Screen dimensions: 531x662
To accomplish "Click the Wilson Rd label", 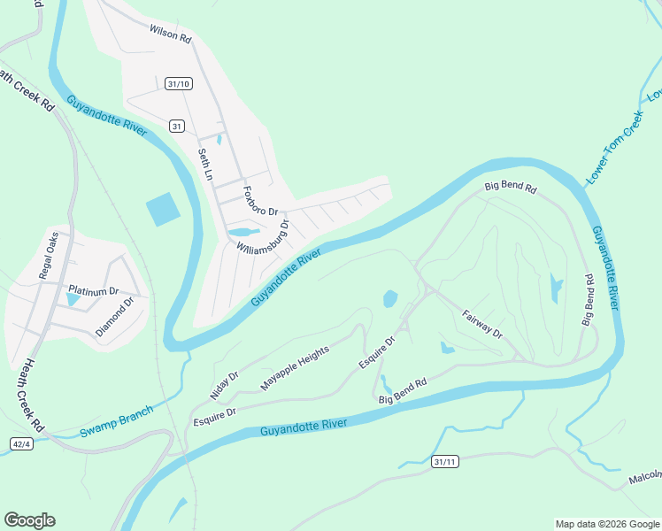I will click(170, 35).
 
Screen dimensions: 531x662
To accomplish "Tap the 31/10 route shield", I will click(178, 83).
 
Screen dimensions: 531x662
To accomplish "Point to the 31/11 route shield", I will click(445, 462).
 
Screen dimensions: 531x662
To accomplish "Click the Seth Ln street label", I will click(204, 165).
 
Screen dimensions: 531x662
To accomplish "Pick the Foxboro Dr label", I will click(260, 201).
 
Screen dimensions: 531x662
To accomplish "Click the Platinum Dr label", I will click(93, 290).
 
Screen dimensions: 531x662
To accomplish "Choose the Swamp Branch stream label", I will click(116, 421).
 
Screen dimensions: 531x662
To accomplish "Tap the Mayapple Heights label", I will click(295, 368).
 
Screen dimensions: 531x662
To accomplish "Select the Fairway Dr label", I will click(482, 323).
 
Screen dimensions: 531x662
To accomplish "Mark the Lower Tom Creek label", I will click(612, 147).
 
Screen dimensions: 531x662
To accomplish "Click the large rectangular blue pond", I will click(163, 210).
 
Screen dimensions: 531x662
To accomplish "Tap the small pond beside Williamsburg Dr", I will click(240, 233).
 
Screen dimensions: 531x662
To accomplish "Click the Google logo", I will click(29, 520).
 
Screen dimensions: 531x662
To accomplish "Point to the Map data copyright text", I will click(606, 524).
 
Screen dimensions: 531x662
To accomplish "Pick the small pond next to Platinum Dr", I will click(73, 300).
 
